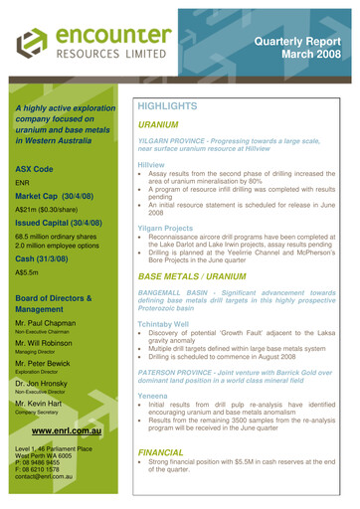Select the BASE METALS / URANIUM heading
click(x=205, y=274)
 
